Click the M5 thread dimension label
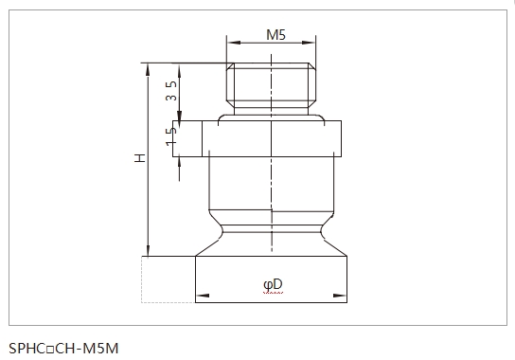(x=275, y=34)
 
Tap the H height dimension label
(x=140, y=158)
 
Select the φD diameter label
(x=273, y=285)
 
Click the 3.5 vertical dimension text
(x=171, y=91)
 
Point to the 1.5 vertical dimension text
(x=171, y=136)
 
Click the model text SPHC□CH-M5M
(x=63, y=349)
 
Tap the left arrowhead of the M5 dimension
(x=234, y=43)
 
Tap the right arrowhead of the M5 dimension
(x=309, y=43)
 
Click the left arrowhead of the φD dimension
(x=203, y=296)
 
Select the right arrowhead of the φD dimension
(x=340, y=296)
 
